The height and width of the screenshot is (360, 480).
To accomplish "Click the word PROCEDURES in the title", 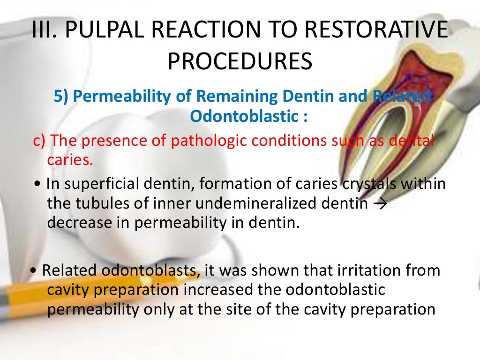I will coord(240,61).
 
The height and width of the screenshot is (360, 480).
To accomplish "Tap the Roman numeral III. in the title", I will coord(45,31).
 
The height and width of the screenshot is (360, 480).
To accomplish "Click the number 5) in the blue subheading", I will coord(61,96).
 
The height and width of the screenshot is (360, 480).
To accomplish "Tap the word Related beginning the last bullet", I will coord(70,271).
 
